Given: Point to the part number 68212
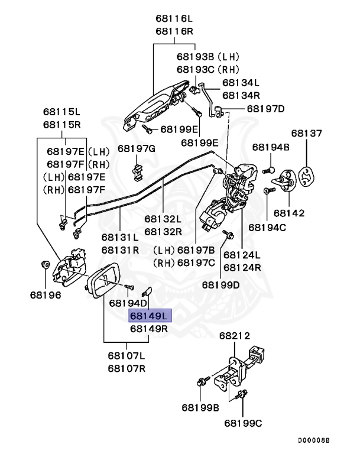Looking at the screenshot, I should click(x=235, y=335).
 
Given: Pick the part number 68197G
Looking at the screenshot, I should click(x=136, y=148).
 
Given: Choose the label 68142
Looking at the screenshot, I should click(x=289, y=212).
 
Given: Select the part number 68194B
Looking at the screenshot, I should click(x=271, y=147).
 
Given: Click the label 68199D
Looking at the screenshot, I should click(x=221, y=284).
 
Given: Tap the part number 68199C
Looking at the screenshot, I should click(x=243, y=423).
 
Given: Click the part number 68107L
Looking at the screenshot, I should click(x=126, y=356).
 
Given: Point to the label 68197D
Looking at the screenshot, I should click(x=265, y=109).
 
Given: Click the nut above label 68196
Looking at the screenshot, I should click(x=45, y=264).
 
